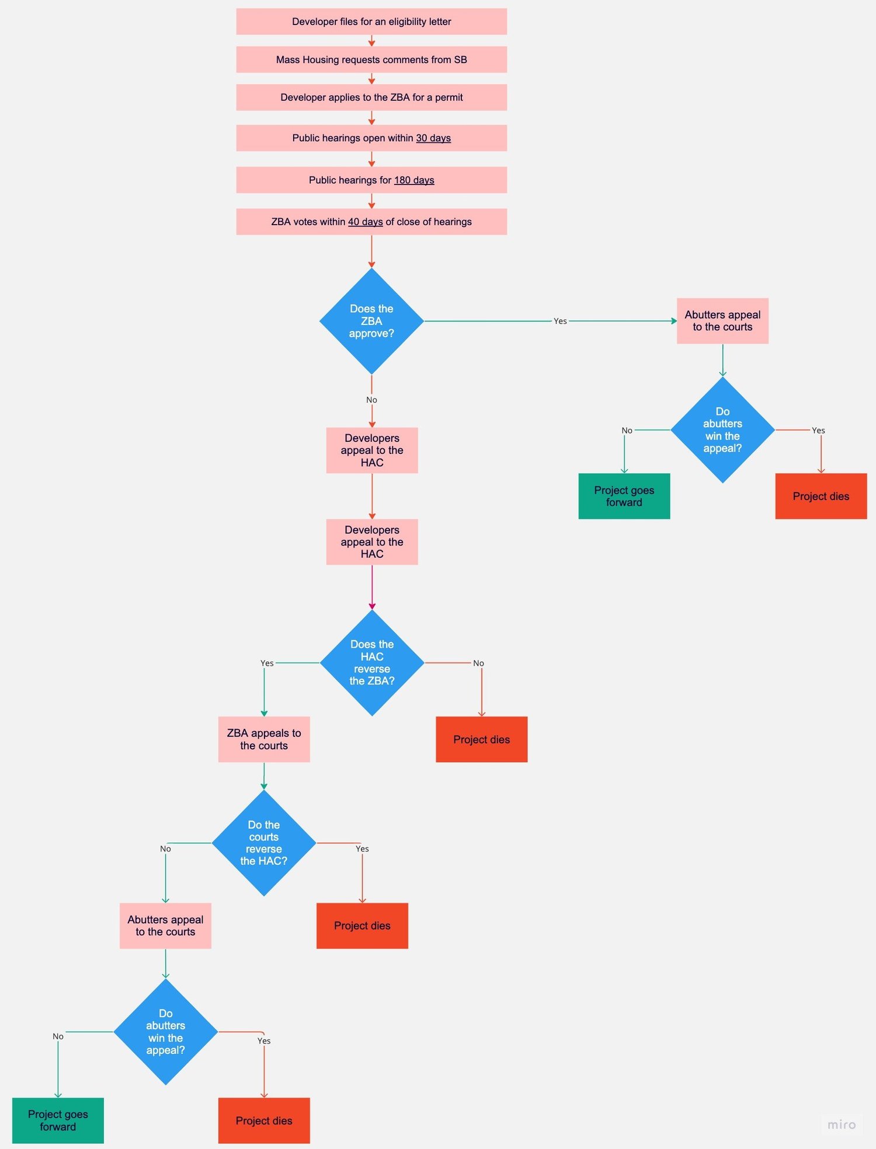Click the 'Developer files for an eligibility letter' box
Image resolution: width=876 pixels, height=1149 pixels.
(371, 22)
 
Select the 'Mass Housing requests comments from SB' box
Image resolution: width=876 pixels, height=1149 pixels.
(371, 60)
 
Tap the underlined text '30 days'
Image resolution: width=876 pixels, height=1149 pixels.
(433, 138)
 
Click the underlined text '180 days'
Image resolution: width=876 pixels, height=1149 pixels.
(414, 180)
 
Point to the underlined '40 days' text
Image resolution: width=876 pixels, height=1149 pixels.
(365, 222)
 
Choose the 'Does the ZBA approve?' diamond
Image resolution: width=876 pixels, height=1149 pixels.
(371, 321)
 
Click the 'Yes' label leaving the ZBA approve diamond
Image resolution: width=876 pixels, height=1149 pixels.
(560, 321)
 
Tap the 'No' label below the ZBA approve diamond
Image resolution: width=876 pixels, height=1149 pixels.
(371, 400)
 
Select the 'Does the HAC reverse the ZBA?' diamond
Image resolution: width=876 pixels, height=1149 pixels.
(372, 662)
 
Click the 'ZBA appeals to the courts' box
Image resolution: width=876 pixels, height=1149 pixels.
(264, 739)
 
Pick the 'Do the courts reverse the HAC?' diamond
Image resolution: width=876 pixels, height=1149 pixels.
(264, 843)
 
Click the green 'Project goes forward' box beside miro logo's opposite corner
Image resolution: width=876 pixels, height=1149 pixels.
(58, 1120)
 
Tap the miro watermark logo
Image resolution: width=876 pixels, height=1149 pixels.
(841, 1124)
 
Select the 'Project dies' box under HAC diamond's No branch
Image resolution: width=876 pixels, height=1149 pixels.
(481, 739)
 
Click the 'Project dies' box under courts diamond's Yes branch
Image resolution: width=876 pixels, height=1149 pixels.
(362, 926)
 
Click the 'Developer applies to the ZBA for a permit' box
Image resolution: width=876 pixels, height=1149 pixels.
(371, 97)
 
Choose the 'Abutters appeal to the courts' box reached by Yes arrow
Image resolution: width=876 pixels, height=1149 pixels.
(722, 321)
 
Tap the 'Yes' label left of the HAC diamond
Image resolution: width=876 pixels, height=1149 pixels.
(267, 663)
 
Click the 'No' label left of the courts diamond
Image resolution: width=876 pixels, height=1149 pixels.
(165, 848)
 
